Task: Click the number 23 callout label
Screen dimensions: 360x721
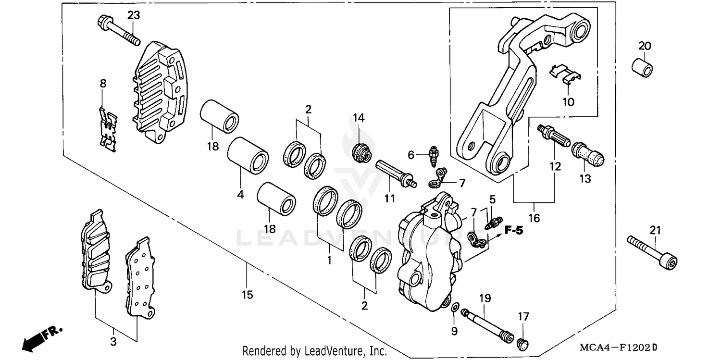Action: coord(133,15)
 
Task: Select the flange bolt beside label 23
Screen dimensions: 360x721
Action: coord(118,31)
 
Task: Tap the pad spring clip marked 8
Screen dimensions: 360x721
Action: coord(109,130)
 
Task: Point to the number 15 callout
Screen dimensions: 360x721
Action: coord(247,295)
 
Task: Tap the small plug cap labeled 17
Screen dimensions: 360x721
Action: coord(523,343)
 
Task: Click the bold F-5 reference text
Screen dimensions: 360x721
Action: coord(513,231)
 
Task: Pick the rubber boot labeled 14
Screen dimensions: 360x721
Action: coord(361,152)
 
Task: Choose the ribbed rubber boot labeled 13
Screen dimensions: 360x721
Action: coord(587,153)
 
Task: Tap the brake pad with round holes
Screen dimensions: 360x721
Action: coord(139,279)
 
